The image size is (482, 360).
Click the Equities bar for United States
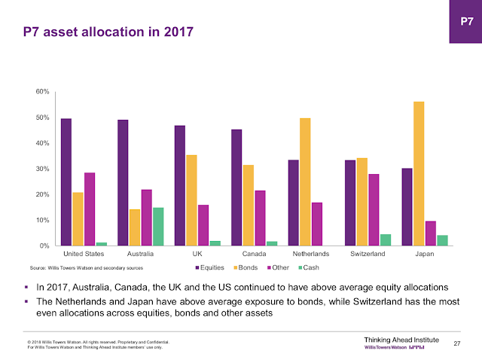(x=66, y=182)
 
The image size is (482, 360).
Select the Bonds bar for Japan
(x=419, y=173)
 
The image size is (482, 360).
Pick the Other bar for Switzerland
(x=374, y=209)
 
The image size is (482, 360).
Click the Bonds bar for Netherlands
(x=305, y=182)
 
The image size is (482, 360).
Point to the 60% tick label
(x=42, y=92)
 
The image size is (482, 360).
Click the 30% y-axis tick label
(x=42, y=169)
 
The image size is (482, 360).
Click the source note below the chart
(x=86, y=267)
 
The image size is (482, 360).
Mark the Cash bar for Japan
(x=442, y=240)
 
